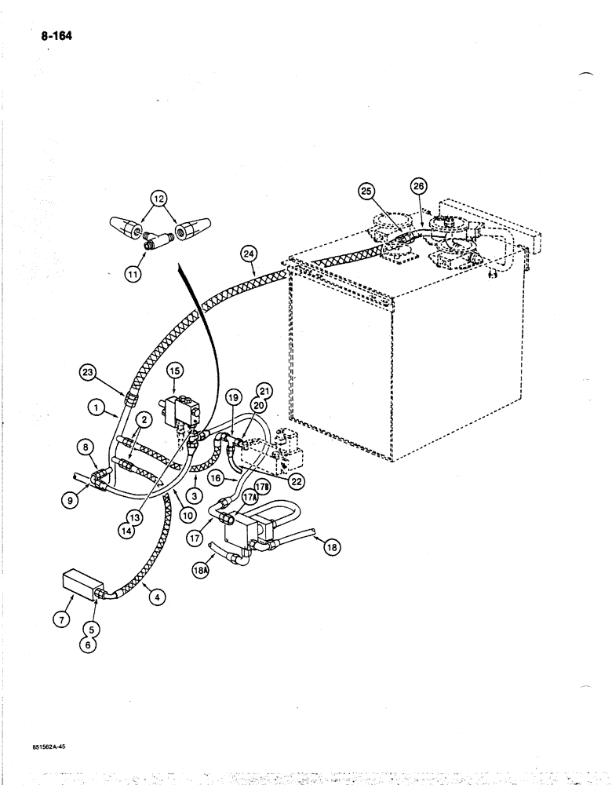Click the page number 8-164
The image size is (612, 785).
coord(51,35)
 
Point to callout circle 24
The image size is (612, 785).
coord(248,254)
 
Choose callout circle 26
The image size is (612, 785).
coord(417,187)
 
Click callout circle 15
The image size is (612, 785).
coord(172,370)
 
